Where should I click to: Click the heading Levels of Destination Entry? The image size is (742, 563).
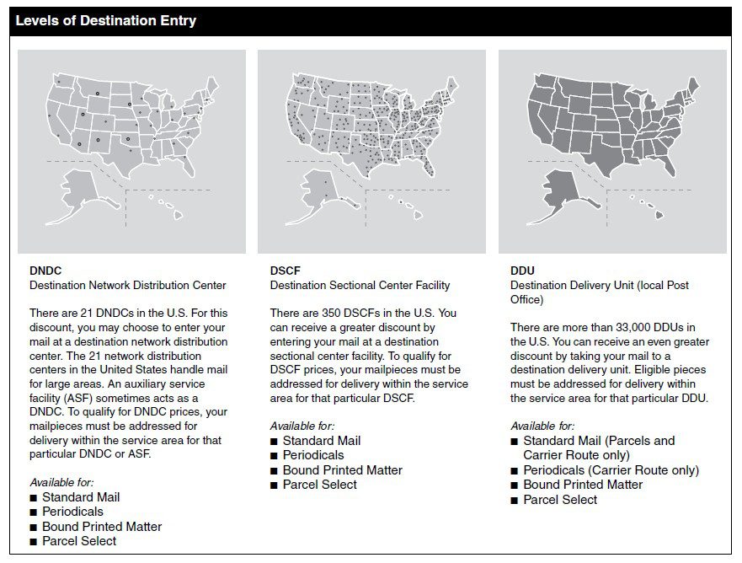coord(106,21)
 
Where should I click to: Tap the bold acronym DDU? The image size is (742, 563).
coord(522,271)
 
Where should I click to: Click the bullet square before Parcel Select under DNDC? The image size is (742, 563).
coord(34,541)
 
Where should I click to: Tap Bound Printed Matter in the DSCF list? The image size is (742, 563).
coord(342,470)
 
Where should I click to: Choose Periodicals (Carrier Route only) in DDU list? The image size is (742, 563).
coord(611,470)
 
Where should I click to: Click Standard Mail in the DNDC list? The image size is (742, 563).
coord(81,497)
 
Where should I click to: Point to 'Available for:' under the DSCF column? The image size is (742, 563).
coord(302,426)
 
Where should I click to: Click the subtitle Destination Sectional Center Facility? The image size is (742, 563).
coord(360,285)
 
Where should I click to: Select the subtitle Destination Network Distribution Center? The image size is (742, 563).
coord(128,285)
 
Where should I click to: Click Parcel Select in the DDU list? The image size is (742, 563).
coord(560,500)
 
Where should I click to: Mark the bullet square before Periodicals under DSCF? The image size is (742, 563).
coord(275,456)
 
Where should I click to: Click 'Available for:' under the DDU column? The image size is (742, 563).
coord(542,426)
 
